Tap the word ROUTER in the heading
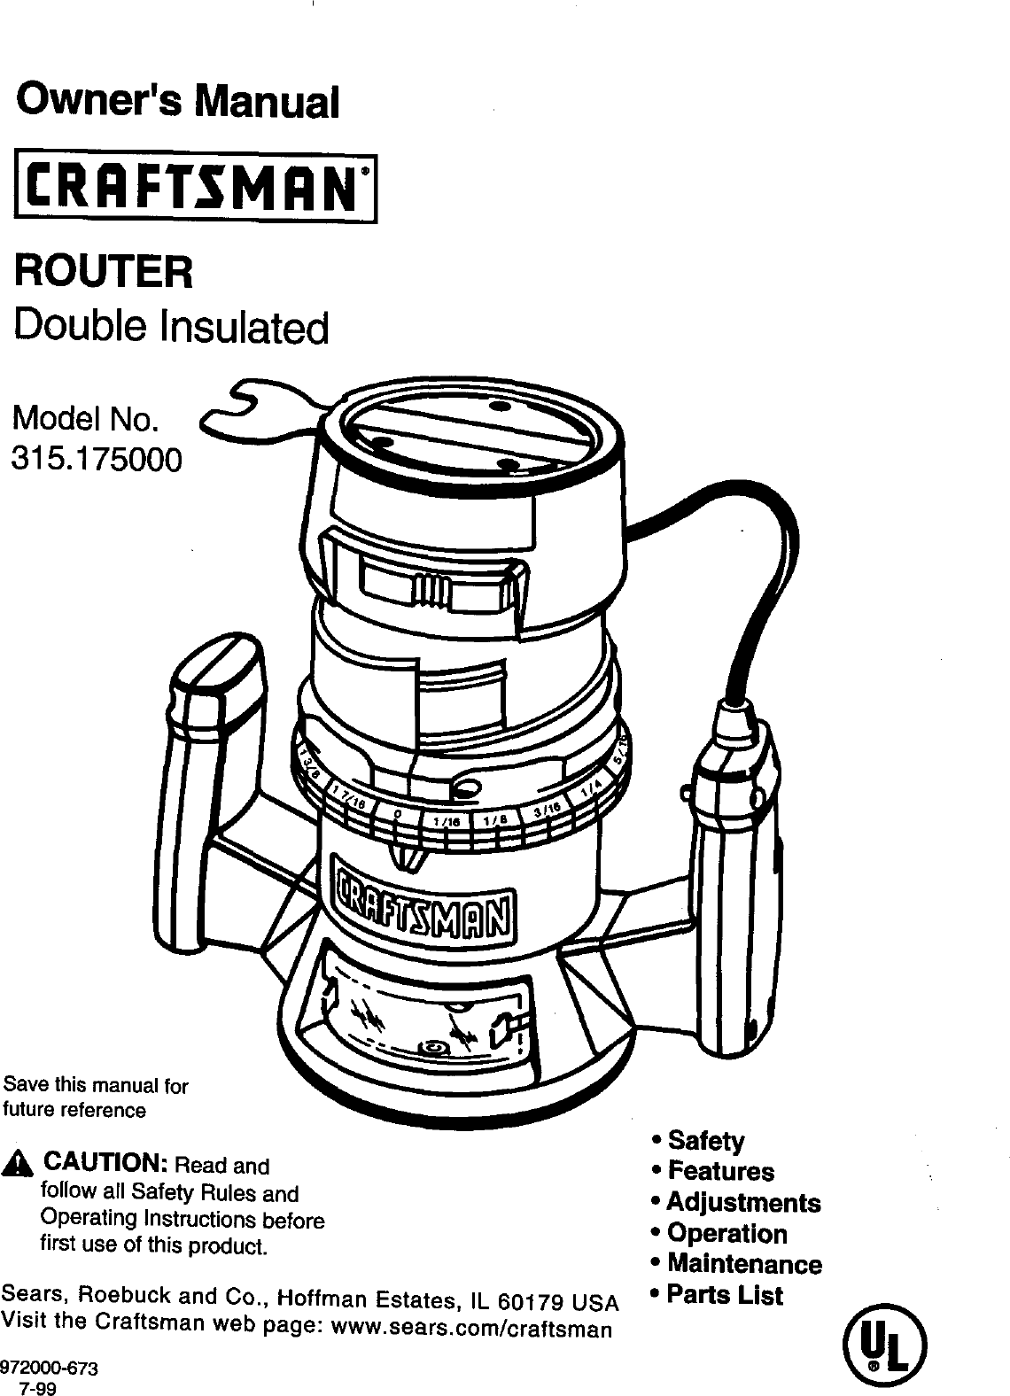pos(105,269)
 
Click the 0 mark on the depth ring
pos(398,813)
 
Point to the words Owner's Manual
pos(178,101)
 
